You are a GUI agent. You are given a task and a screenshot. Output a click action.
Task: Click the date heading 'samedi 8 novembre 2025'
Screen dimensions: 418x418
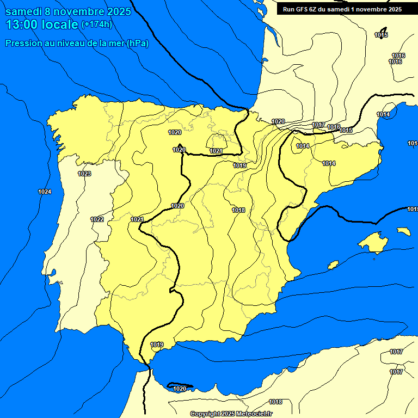pos(68,11)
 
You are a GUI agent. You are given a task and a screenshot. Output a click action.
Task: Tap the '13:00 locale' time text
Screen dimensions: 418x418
pos(42,24)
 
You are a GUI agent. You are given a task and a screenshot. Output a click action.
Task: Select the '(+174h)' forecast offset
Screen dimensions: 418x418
pos(96,24)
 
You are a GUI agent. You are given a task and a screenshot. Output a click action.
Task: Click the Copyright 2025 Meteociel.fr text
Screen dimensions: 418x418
pos(231,414)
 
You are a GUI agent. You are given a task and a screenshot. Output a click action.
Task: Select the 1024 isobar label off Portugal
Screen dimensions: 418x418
pos(45,192)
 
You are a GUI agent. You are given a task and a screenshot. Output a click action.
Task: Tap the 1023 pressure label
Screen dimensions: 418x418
pos(84,174)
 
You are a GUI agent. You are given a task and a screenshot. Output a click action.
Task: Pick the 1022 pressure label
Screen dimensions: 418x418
pos(97,219)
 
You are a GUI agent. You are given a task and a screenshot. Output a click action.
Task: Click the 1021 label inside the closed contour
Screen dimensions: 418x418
pos(216,151)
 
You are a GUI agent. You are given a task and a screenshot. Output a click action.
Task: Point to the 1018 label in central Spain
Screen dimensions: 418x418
pos(238,210)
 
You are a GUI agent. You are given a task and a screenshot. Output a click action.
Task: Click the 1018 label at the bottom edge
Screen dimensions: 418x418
pos(275,402)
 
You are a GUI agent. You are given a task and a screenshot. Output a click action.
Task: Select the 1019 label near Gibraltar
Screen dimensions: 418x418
pos(157,345)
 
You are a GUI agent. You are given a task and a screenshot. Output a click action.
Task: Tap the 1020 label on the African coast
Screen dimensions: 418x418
pos(180,389)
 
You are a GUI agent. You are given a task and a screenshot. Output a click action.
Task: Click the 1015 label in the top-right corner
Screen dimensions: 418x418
pos(381,35)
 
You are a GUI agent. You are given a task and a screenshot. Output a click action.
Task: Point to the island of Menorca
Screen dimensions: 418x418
pos(403,231)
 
